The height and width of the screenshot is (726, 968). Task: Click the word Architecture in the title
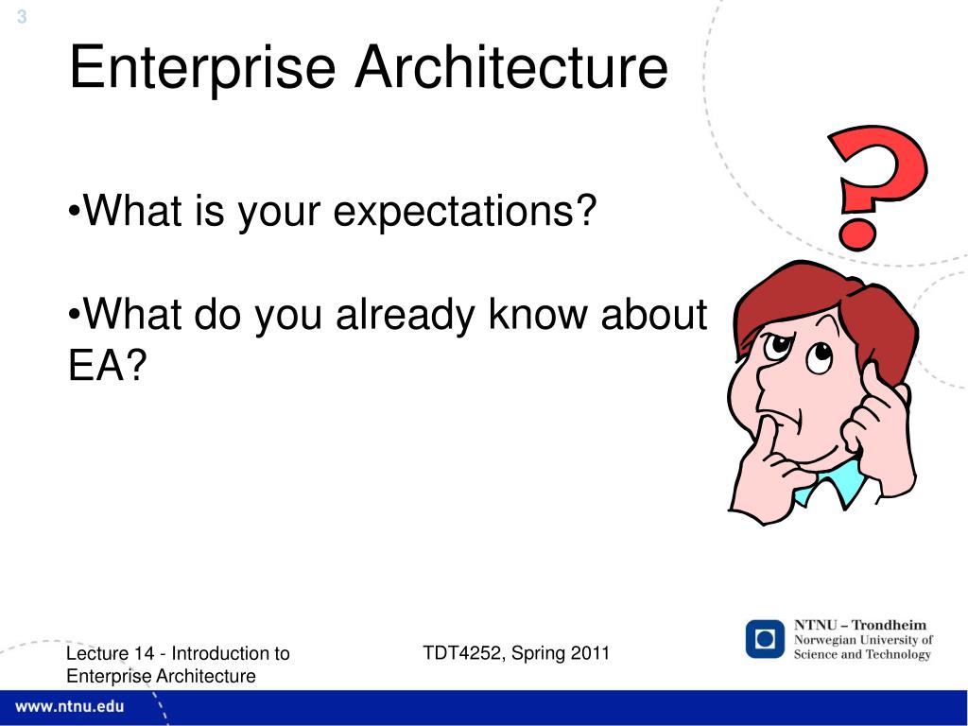(x=511, y=67)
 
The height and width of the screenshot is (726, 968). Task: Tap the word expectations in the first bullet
(x=465, y=211)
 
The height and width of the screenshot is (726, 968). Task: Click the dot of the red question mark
(x=856, y=235)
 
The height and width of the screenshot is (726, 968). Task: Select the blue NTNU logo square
(x=765, y=639)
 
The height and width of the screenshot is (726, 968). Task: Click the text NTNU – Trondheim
(x=860, y=625)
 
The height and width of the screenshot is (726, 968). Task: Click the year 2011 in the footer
(x=590, y=652)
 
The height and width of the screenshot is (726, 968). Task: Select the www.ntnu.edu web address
(x=69, y=707)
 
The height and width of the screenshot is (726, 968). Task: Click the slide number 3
(x=22, y=17)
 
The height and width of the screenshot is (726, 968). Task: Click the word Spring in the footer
(x=538, y=654)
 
